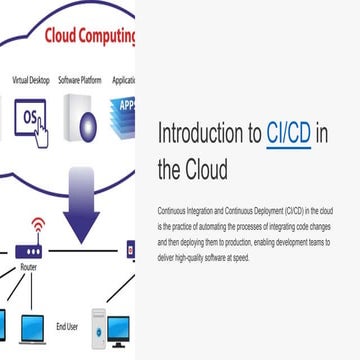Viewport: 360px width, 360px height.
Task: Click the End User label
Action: [x=67, y=325]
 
